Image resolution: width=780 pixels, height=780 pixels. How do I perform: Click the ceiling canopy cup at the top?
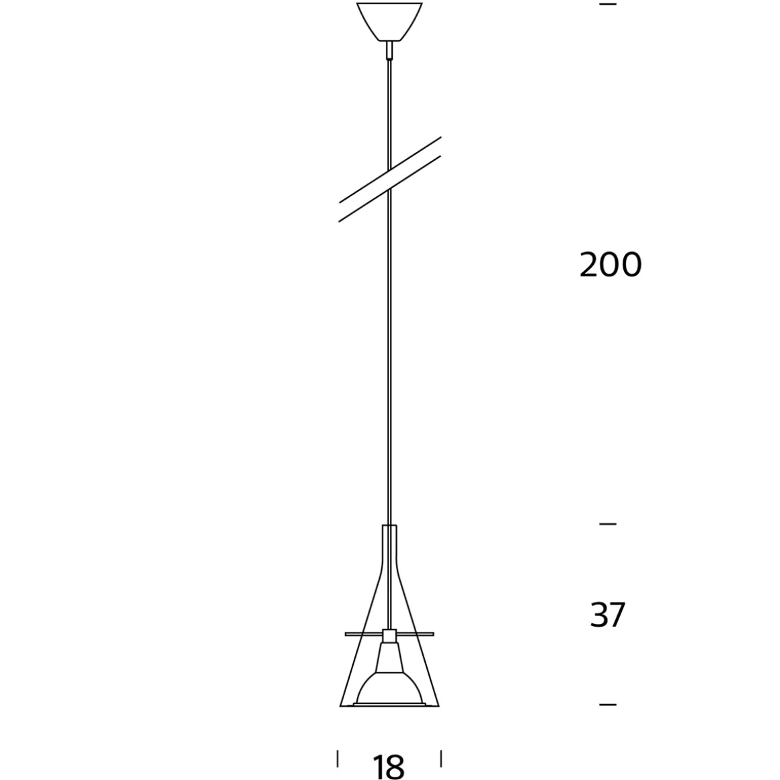tap(389, 20)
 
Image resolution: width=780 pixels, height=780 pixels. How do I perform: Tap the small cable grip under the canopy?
tap(389, 50)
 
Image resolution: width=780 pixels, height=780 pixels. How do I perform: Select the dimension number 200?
tap(610, 265)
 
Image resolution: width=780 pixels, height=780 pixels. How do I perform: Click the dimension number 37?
tap(607, 615)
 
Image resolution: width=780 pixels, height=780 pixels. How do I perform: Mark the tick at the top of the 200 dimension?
tap(607, 5)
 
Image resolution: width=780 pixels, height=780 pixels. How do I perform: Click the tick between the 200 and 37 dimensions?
tap(607, 523)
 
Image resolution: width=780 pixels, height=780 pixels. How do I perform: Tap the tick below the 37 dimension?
tap(607, 704)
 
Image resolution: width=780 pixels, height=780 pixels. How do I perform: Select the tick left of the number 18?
tap(338, 758)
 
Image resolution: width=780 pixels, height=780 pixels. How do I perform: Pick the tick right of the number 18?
tap(440, 758)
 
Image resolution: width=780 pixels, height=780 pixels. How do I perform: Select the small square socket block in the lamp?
tap(389, 634)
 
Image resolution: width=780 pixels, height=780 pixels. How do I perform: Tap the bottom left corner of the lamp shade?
tap(341, 705)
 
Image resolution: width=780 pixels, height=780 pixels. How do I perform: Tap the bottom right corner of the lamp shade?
tap(438, 705)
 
